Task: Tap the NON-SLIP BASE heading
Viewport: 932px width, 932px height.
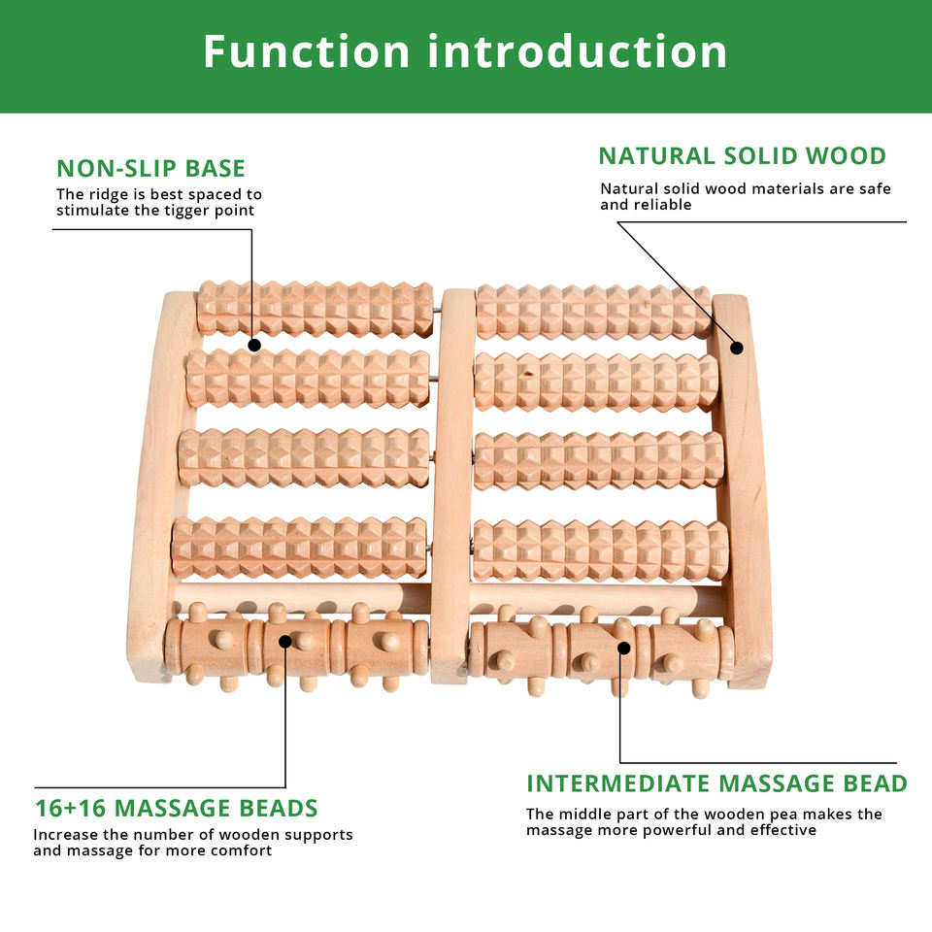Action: tap(150, 168)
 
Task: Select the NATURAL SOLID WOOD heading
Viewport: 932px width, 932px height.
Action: tap(742, 155)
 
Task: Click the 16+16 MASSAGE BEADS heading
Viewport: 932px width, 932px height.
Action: tap(176, 808)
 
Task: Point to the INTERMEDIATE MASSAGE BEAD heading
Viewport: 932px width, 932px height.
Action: tap(716, 783)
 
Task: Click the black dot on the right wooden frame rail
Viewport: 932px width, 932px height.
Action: tap(736, 347)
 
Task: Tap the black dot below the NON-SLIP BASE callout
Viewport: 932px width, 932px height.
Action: tap(253, 344)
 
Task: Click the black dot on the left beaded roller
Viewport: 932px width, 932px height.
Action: tap(285, 641)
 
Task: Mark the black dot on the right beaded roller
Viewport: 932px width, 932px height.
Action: tap(621, 647)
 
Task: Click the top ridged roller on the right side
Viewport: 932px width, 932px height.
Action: tap(592, 312)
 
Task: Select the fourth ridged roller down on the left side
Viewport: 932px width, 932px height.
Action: tap(299, 548)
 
